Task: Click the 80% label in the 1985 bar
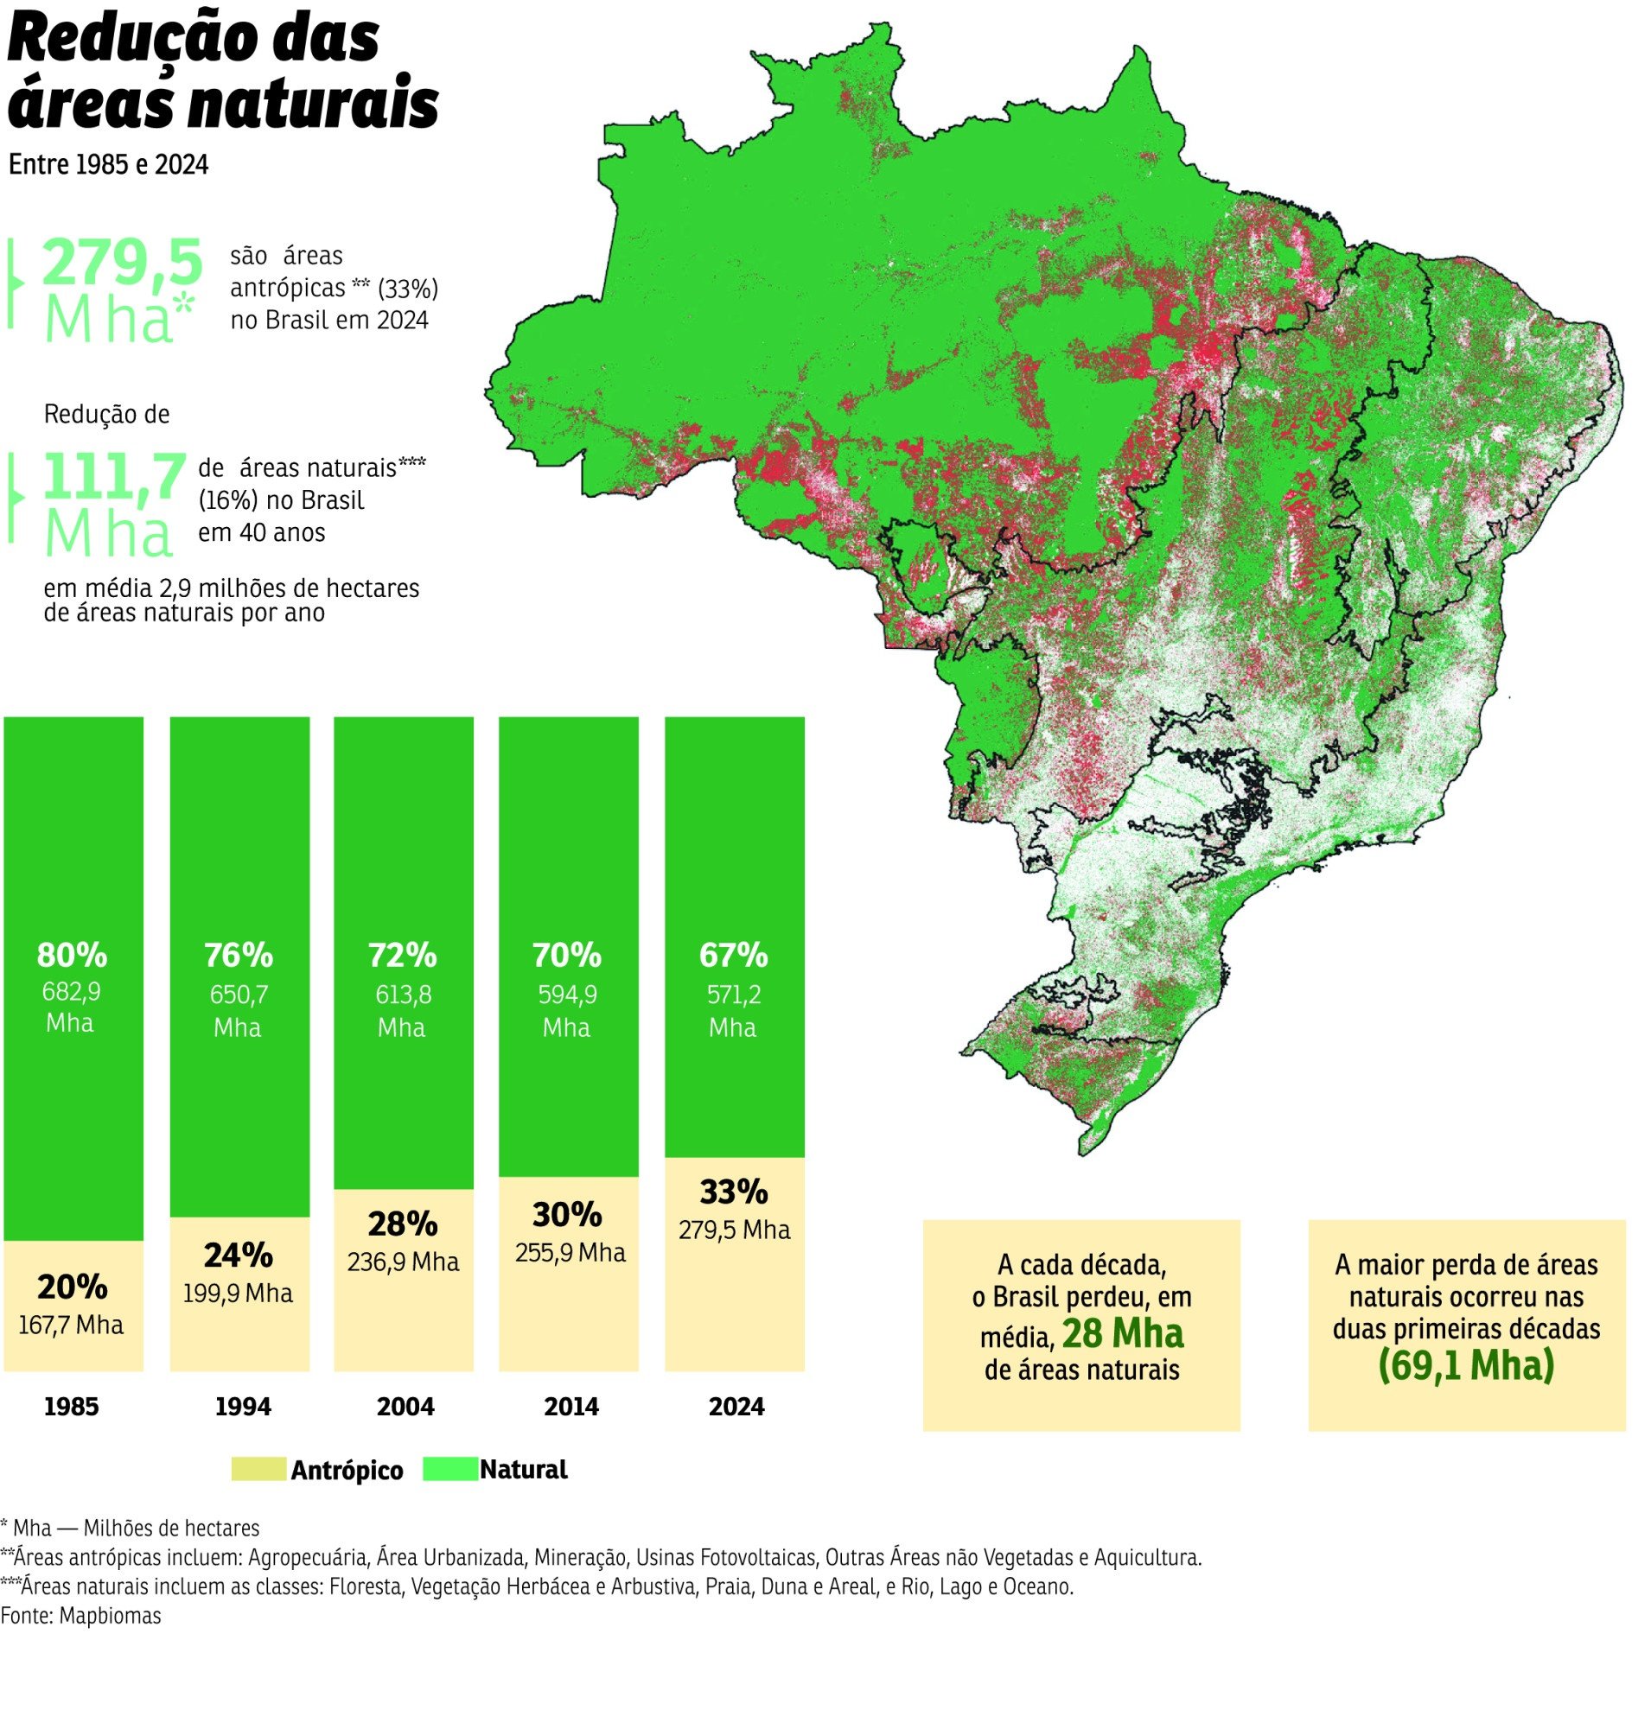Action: coord(72,956)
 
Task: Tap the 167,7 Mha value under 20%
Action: coord(71,1325)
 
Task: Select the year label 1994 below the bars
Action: coord(243,1407)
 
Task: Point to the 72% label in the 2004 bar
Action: coord(402,956)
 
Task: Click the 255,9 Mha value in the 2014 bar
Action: coord(570,1253)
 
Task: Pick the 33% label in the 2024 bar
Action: coord(734,1191)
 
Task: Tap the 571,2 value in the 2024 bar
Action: coord(734,995)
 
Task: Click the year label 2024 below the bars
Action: coord(736,1407)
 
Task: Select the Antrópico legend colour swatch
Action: coord(258,1469)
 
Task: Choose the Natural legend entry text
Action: coord(523,1469)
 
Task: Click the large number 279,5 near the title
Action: coord(122,262)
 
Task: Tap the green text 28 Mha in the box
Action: coord(1122,1334)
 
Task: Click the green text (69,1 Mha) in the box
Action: coord(1466,1365)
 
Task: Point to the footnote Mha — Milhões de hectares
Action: coord(131,1528)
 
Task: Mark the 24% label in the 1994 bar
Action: coord(239,1255)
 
